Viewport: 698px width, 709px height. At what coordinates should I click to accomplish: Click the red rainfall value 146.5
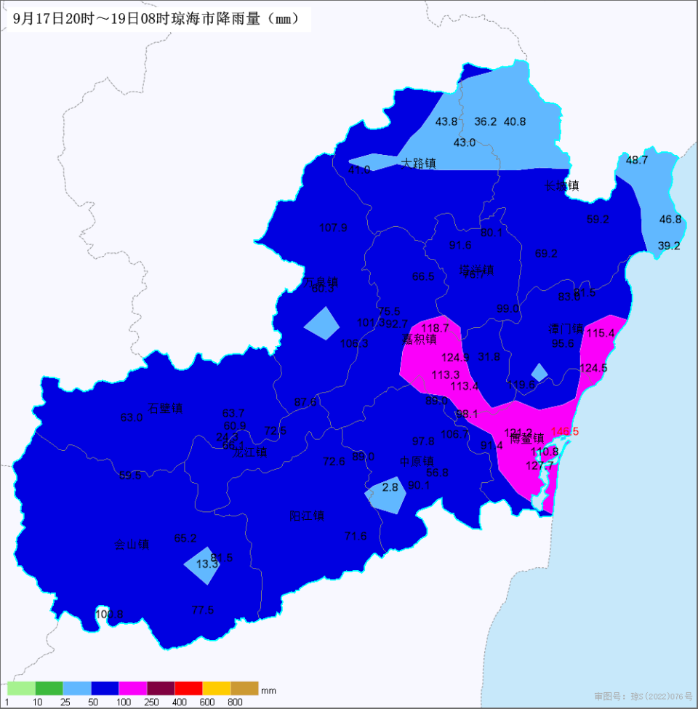(565, 431)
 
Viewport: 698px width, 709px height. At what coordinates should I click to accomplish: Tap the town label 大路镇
(418, 164)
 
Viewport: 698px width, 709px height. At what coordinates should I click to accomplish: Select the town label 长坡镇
(562, 185)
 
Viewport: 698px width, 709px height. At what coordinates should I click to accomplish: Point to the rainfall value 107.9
(334, 228)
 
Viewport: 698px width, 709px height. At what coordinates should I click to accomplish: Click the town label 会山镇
(132, 544)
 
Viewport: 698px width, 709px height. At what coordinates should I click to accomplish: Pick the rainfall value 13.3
(207, 564)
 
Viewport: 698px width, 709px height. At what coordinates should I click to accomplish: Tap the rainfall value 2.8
(390, 487)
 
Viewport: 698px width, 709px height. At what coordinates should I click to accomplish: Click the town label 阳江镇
(307, 516)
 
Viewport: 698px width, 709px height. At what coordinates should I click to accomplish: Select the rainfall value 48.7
(637, 160)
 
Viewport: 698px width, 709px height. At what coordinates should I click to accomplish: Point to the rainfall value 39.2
(669, 246)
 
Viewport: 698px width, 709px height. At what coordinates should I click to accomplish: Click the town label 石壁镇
(165, 408)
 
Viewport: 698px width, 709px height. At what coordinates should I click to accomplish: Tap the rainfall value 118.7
(436, 328)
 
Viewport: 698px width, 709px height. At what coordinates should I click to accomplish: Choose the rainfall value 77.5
(202, 610)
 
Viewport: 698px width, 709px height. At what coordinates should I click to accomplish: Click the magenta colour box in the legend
(133, 688)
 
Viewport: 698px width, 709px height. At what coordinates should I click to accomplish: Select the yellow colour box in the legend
(217, 688)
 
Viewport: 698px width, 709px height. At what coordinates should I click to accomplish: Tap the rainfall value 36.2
(486, 121)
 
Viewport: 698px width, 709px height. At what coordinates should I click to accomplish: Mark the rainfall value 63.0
(132, 417)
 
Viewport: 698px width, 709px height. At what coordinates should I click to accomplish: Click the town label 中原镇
(417, 461)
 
